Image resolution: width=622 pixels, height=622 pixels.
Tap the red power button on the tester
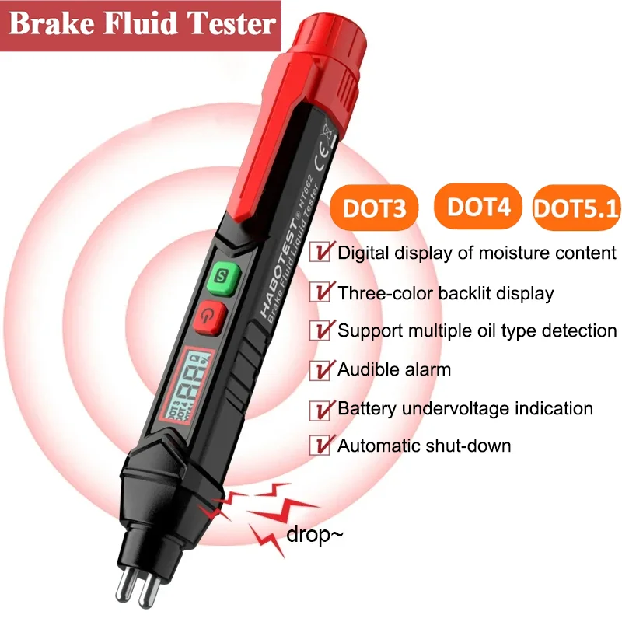click(x=209, y=314)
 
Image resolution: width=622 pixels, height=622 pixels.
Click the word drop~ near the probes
click(x=315, y=535)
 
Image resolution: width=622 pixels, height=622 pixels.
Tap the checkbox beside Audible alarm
click(x=320, y=369)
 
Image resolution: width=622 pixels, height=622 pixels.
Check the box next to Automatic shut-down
click(x=320, y=446)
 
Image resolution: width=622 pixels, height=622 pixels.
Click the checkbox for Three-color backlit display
click(x=320, y=293)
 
